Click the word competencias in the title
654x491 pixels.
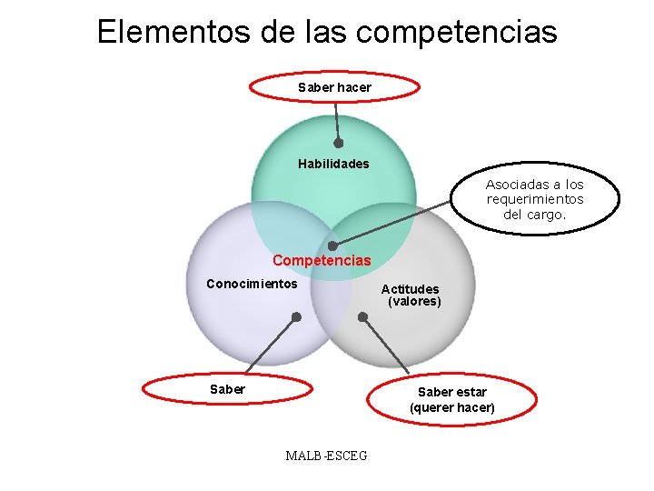tap(457, 34)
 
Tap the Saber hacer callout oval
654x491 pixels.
tap(334, 87)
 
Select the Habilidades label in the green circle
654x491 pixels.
tap(333, 165)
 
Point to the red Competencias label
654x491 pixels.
tap(322, 261)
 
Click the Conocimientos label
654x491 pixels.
tap(252, 284)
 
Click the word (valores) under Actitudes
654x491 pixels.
tap(414, 302)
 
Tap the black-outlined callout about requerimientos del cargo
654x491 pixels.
tap(535, 200)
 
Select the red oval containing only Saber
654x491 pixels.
tap(227, 389)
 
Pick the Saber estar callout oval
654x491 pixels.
tap(451, 399)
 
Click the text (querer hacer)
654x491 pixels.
tap(452, 408)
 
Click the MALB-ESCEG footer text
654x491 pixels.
tap(326, 456)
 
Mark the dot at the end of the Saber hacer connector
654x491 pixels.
tap(339, 143)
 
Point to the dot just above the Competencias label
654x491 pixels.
tap(332, 246)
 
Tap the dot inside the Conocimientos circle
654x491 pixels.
tap(296, 317)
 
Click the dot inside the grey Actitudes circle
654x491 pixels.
tap(362, 317)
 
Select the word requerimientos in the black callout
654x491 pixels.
tap(535, 200)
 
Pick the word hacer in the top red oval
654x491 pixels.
tap(354, 87)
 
